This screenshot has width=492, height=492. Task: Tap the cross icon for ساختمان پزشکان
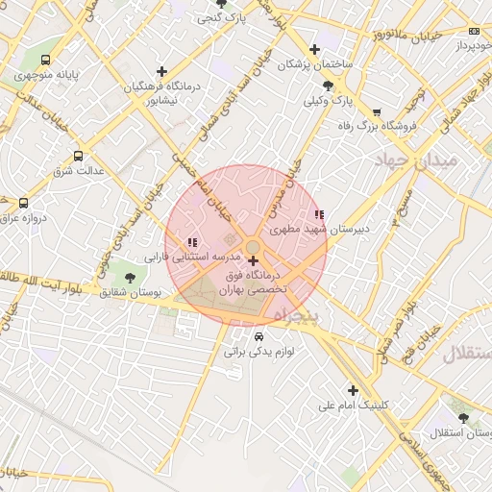tap(314, 50)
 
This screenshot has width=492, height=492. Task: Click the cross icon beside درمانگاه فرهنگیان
tap(161, 71)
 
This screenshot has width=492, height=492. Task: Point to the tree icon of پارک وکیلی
tap(329, 86)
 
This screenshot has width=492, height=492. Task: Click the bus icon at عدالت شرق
tap(78, 156)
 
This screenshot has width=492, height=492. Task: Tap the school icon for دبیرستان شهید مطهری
tap(319, 214)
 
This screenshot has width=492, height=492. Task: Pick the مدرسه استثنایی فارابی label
tap(184, 258)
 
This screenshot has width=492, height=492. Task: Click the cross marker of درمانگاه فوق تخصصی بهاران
tap(253, 260)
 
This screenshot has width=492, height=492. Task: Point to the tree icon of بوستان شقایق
tap(130, 277)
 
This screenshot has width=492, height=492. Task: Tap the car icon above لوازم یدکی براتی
tap(259, 336)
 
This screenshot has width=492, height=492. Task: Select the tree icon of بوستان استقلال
tap(464, 418)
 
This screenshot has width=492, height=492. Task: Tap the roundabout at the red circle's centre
tap(247, 244)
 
